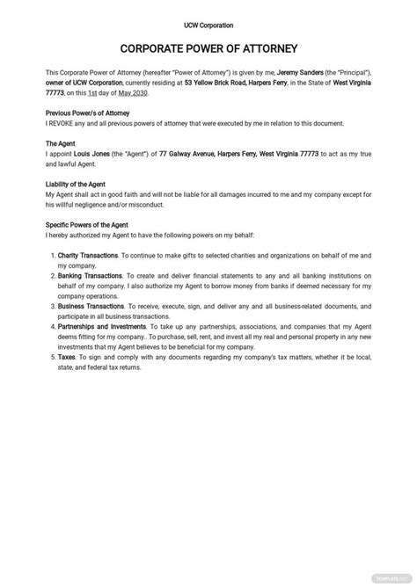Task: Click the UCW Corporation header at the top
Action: point(208,25)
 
